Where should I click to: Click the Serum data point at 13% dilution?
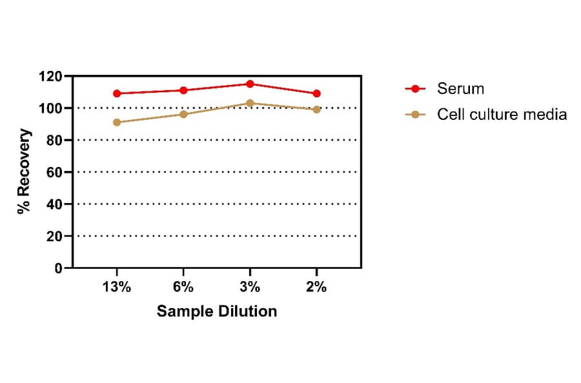coord(117,93)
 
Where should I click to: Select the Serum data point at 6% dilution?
coord(183,90)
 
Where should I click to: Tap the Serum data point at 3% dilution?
coord(250,84)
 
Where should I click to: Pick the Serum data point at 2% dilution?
coord(316,93)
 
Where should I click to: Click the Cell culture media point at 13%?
coord(117,123)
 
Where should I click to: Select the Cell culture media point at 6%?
coord(183,114)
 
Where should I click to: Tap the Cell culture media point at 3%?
coord(250,103)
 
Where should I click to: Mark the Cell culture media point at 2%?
coord(316,110)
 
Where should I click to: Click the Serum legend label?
coord(460,88)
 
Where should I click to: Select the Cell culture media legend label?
coord(502,114)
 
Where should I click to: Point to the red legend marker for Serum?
coord(415,88)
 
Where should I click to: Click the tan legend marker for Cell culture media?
coord(415,114)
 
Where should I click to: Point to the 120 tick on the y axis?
coord(50,76)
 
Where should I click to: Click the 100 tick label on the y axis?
coord(50,108)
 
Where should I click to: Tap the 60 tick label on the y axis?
coord(54,172)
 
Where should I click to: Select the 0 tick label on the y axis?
coord(58,268)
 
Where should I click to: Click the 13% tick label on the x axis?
coord(117,288)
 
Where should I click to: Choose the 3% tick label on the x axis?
coord(250,288)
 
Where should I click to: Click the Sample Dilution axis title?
coord(217,311)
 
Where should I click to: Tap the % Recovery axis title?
coord(24,172)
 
